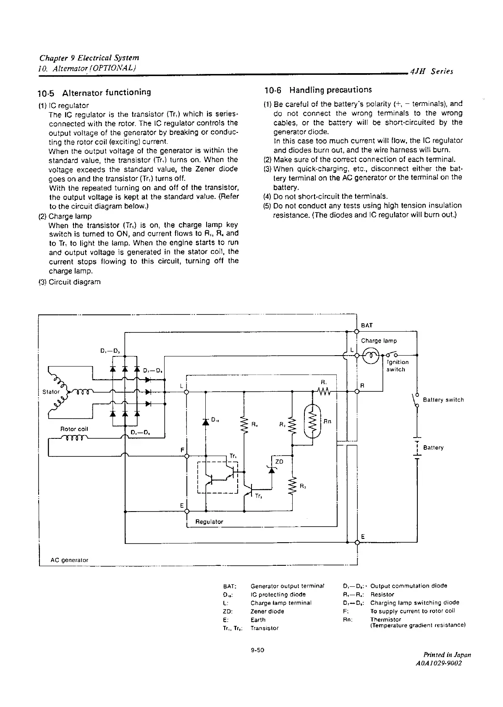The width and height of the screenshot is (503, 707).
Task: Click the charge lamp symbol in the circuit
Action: (371, 356)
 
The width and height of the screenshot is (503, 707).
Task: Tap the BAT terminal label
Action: (367, 325)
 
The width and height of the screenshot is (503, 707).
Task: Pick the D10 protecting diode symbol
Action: (206, 422)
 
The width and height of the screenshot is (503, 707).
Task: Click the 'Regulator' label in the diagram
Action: (209, 522)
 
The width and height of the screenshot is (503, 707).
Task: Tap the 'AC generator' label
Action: (69, 560)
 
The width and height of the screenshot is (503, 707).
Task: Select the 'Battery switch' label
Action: (443, 400)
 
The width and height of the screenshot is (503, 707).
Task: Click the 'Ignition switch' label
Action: (397, 366)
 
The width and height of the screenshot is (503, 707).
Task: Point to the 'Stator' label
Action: (51, 392)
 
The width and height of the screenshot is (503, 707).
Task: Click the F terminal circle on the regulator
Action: (187, 456)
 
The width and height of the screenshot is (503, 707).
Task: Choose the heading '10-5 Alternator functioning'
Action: (94, 92)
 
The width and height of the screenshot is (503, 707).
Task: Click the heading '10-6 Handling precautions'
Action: (318, 90)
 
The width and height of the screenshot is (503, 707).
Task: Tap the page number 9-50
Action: (257, 650)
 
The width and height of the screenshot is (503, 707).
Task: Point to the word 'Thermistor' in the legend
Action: (385, 619)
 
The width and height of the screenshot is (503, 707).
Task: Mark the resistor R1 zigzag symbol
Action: (324, 392)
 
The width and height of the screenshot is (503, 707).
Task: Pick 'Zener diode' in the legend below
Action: (267, 611)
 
